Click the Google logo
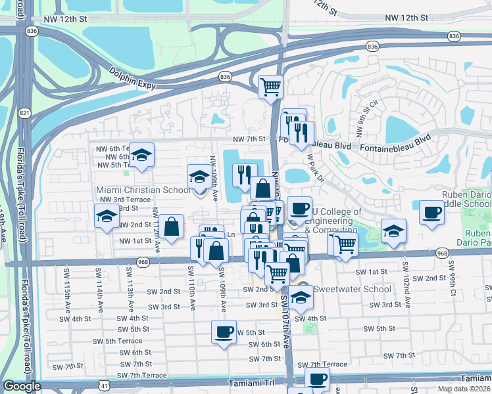click(x=21, y=386)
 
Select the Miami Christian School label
click(x=143, y=190)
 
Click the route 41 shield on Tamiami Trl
click(x=105, y=386)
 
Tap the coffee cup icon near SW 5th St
click(x=224, y=331)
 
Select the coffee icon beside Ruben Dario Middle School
click(x=431, y=213)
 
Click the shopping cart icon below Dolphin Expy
click(x=270, y=86)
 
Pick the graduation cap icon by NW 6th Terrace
click(x=141, y=156)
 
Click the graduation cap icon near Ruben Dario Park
click(x=393, y=231)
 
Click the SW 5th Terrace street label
click(x=118, y=341)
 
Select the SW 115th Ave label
click(x=67, y=283)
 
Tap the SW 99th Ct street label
click(x=453, y=276)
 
